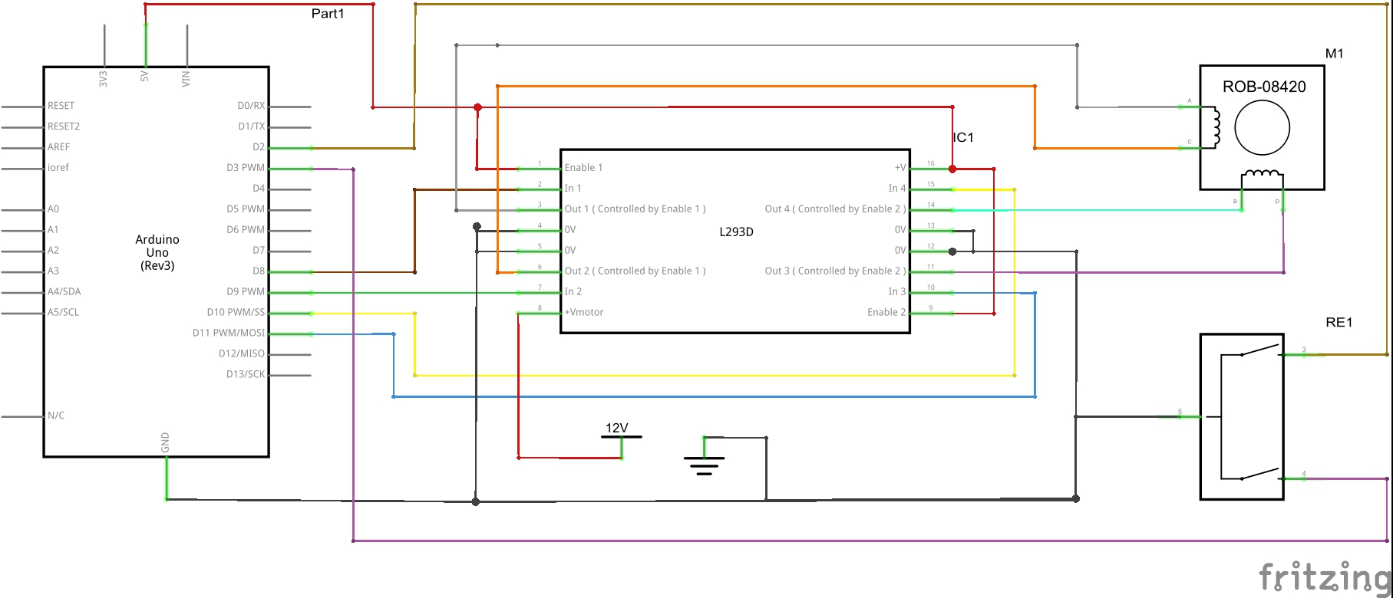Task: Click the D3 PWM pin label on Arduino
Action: (245, 168)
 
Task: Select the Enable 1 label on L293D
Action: (583, 168)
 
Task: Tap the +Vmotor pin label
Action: (584, 313)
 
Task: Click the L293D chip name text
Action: (736, 232)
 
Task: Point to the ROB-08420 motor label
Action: (1264, 87)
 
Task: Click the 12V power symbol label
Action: (617, 429)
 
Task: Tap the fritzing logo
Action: (1325, 577)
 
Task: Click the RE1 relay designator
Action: (1339, 323)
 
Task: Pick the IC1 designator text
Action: (963, 138)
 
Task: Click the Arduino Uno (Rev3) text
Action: (157, 253)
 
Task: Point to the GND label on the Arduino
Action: (165, 442)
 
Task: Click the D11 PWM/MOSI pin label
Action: (228, 333)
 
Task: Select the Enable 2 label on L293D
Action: (886, 313)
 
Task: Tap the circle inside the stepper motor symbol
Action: (1262, 128)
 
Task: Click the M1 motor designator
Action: (1335, 54)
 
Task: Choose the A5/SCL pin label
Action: (63, 313)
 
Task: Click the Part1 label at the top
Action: (328, 14)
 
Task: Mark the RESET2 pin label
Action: (64, 127)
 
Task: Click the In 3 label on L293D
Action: (897, 292)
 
